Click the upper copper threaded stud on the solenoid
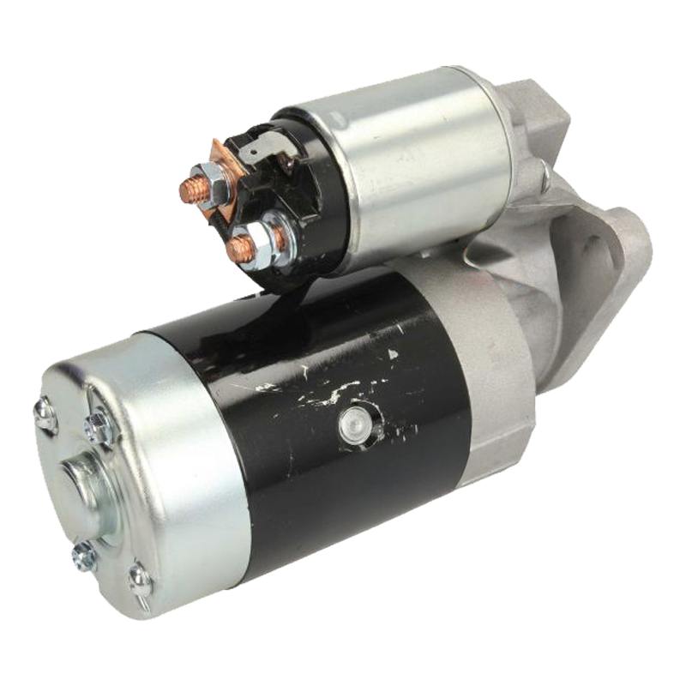[x=190, y=190]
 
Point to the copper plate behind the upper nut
[x=229, y=163]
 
